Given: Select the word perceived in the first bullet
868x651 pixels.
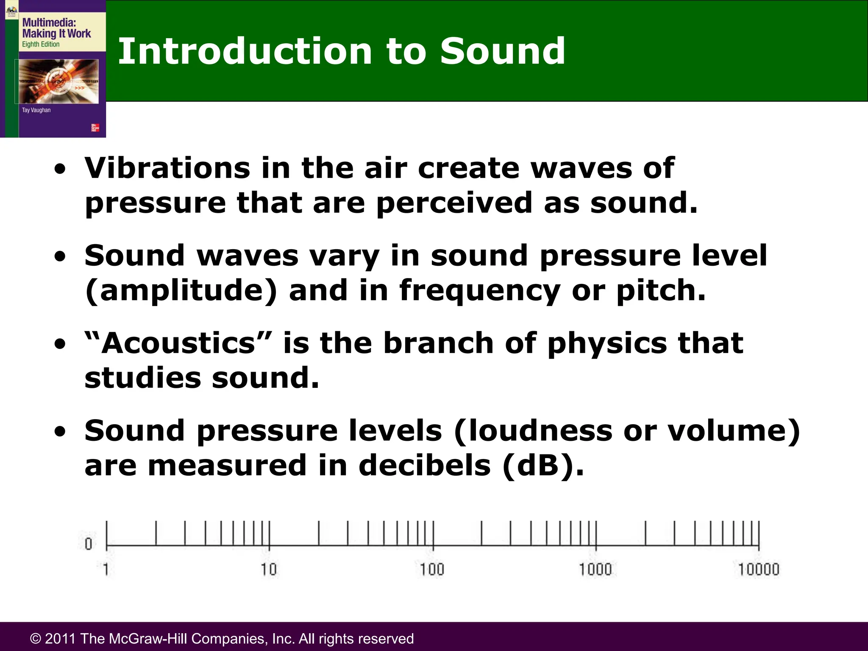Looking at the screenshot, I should click(454, 203).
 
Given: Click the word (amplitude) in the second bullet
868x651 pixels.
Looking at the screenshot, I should click(181, 291).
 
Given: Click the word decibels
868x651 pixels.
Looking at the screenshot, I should click(425, 465).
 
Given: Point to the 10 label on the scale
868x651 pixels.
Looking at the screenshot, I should click(269, 569).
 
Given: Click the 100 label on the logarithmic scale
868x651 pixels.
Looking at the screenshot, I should click(432, 569).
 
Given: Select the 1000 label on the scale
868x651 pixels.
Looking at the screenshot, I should click(595, 569).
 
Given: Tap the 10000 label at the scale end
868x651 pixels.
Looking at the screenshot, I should click(759, 569).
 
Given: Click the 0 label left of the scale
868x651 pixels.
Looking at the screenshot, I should click(88, 544).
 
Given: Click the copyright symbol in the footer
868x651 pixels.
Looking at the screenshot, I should click(36, 639).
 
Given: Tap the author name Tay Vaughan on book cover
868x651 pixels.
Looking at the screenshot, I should click(36, 110).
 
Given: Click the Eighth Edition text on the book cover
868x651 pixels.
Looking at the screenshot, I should click(41, 44).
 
